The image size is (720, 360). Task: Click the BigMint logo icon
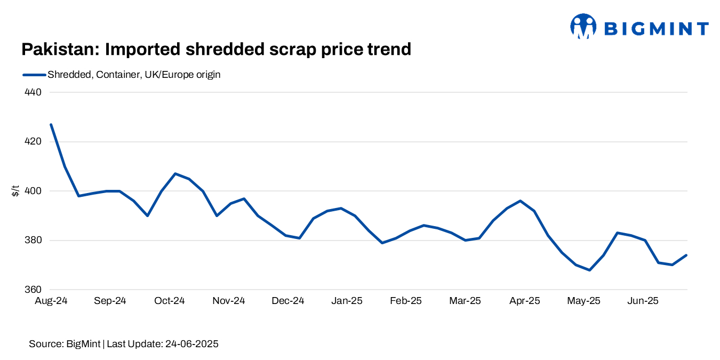click(x=583, y=27)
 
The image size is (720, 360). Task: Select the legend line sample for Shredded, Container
click(x=34, y=75)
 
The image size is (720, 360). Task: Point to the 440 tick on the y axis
click(x=33, y=92)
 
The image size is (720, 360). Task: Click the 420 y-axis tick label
click(x=33, y=142)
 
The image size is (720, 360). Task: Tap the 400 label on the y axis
click(x=33, y=191)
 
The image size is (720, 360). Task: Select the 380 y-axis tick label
click(x=33, y=241)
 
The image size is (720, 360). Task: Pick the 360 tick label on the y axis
click(x=33, y=290)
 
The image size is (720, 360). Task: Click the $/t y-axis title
click(x=15, y=191)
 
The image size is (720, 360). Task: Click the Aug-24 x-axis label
click(x=51, y=301)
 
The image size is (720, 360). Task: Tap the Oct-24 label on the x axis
click(x=169, y=301)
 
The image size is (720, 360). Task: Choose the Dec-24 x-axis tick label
click(x=287, y=301)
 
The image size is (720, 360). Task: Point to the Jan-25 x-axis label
click(x=347, y=301)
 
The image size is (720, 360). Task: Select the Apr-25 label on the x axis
click(x=524, y=301)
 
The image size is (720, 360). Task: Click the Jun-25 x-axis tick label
click(x=643, y=301)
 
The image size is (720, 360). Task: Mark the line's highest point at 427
click(x=51, y=124)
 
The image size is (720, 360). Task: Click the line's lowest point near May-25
click(x=589, y=270)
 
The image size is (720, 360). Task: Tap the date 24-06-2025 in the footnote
click(x=190, y=344)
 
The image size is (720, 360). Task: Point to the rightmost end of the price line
click(x=686, y=255)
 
